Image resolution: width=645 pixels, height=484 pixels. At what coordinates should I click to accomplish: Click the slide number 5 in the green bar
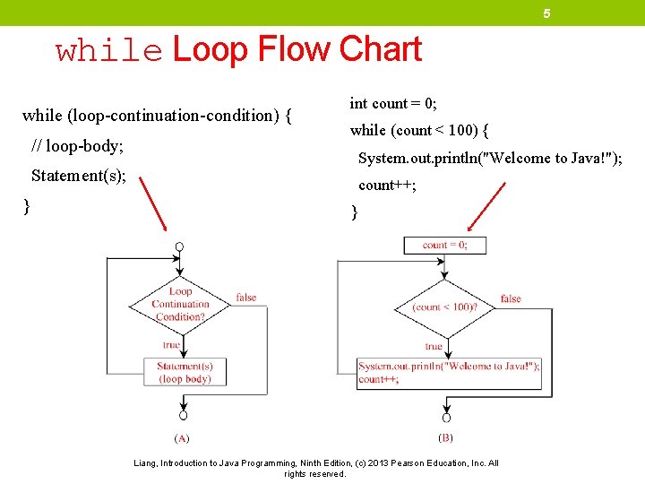pos(546,13)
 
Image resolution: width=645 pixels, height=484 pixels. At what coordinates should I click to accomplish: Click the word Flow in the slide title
pos(294,49)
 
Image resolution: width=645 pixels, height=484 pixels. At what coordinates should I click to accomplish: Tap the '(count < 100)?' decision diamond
pos(444,307)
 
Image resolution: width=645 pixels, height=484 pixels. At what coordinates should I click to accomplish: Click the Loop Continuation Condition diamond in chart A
pos(180,304)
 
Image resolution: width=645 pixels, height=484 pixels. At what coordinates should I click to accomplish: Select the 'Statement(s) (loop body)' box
pos(184,372)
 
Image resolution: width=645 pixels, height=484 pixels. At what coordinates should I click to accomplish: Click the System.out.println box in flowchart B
pos(449,372)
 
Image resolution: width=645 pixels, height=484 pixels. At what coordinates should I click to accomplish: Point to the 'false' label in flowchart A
pos(245,298)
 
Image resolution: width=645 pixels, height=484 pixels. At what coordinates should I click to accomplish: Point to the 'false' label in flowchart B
pos(511,298)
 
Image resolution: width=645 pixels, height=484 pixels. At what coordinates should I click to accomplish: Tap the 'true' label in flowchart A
pos(171,345)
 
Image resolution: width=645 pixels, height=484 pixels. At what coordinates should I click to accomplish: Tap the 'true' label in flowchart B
pos(434,346)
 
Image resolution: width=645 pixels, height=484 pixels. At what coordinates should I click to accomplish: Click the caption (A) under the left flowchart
pos(181,439)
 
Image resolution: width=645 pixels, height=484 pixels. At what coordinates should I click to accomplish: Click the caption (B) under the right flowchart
pos(445,438)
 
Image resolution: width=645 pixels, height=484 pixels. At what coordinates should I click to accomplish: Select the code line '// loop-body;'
pos(77,145)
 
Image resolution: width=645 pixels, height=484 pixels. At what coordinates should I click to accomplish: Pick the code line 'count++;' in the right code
pos(387,186)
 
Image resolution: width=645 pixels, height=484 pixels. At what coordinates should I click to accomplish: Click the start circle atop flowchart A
pos(180,246)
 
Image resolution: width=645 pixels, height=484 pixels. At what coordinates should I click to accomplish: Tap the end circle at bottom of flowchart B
pos(446,418)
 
